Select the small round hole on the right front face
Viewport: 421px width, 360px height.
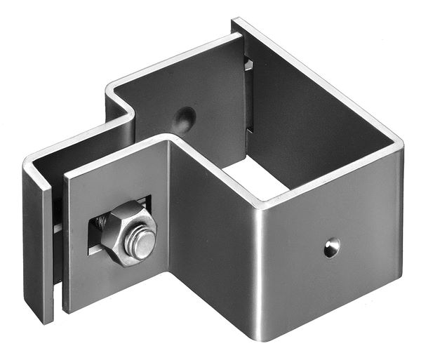[331, 246]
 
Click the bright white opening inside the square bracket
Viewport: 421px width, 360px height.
[253, 179]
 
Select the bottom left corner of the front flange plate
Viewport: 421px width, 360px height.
[67, 309]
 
